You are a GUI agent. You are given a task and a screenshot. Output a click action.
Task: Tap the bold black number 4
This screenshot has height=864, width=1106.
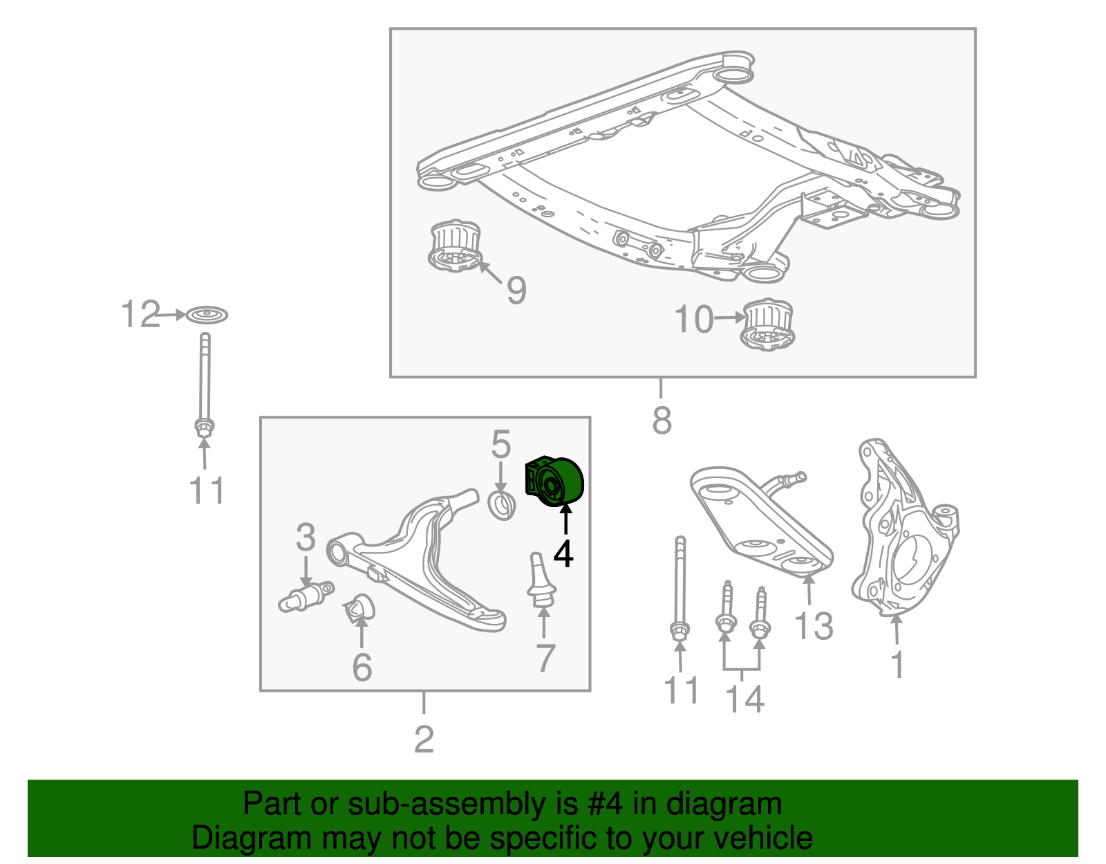(563, 553)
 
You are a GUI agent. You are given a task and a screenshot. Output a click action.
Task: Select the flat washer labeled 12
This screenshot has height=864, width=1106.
(207, 315)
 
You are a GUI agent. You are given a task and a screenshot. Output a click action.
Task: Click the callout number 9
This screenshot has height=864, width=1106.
(516, 290)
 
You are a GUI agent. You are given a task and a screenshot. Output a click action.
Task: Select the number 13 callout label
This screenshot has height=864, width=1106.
(814, 626)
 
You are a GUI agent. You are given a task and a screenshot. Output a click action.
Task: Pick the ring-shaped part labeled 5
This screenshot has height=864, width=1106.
(503, 505)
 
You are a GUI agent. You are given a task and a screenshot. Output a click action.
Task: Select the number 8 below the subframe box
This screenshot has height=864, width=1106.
(662, 419)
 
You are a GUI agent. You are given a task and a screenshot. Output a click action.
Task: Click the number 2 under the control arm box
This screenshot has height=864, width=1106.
(424, 739)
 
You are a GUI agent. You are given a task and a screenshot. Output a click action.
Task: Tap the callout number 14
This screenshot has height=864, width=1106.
(744, 699)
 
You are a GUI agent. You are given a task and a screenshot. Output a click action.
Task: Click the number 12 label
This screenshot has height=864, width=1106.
(140, 315)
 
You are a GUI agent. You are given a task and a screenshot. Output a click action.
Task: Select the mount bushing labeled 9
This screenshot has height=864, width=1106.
(454, 246)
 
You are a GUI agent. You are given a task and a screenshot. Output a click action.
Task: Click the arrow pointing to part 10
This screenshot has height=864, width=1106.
(730, 318)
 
